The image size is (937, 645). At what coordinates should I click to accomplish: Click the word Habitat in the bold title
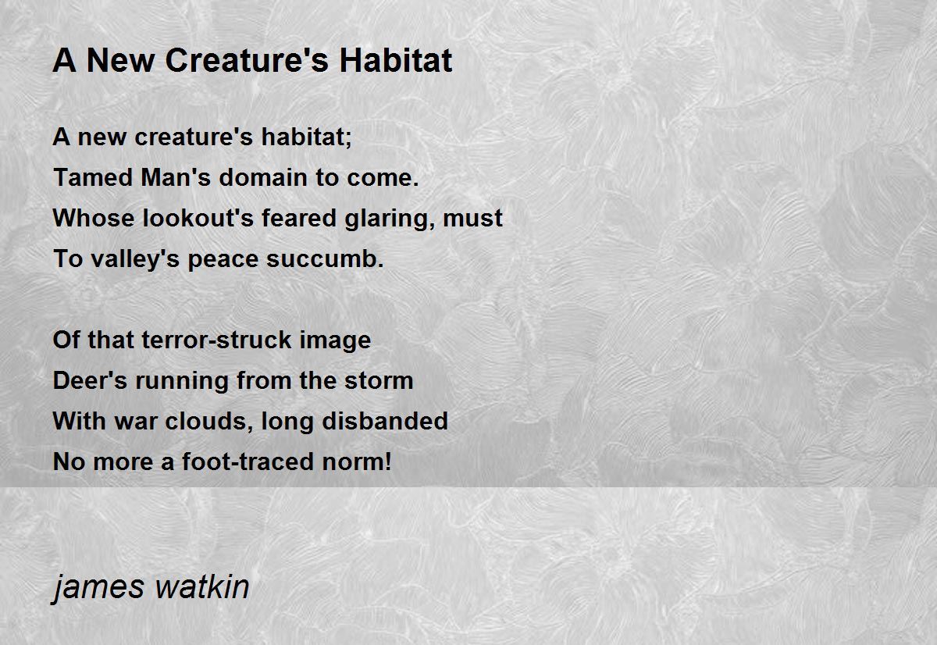[396, 60]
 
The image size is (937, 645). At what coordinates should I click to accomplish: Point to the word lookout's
[198, 218]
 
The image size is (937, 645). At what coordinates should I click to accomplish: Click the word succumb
[325, 258]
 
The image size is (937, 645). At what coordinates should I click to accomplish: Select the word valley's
[135, 260]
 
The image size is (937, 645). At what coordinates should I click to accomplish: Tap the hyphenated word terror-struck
[217, 340]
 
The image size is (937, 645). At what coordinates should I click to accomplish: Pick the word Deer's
[90, 380]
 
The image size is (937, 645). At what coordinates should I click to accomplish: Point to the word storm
[379, 380]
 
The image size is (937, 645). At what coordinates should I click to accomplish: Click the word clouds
[209, 421]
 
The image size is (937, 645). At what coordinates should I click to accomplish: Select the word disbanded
[385, 421]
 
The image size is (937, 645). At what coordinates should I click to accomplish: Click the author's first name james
[98, 589]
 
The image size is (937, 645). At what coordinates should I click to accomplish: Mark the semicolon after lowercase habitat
[348, 139]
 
